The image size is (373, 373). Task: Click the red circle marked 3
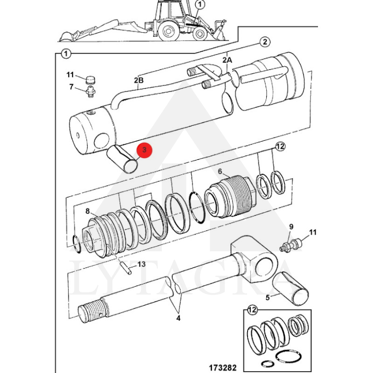[x=144, y=150]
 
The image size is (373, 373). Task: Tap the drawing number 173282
[x=223, y=367]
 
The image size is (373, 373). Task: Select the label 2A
[x=227, y=60]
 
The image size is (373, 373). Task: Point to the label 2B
[x=138, y=80]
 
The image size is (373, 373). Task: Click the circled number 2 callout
[x=265, y=42]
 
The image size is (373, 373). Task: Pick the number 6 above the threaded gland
[x=220, y=171]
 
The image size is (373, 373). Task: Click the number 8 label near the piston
[x=88, y=211]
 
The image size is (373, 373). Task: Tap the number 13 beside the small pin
[x=141, y=264]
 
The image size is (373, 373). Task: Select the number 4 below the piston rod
[x=179, y=318]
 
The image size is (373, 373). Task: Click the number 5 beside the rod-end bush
[x=268, y=297]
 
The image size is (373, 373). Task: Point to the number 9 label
[x=291, y=227]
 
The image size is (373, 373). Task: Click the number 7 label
[x=71, y=87]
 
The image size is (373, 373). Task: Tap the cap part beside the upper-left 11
[x=90, y=80]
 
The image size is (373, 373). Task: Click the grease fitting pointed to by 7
[x=90, y=91]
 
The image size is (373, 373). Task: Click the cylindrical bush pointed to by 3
[x=122, y=159]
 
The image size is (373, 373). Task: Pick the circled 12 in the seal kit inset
[x=252, y=310]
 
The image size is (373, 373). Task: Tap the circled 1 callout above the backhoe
[x=200, y=4]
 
